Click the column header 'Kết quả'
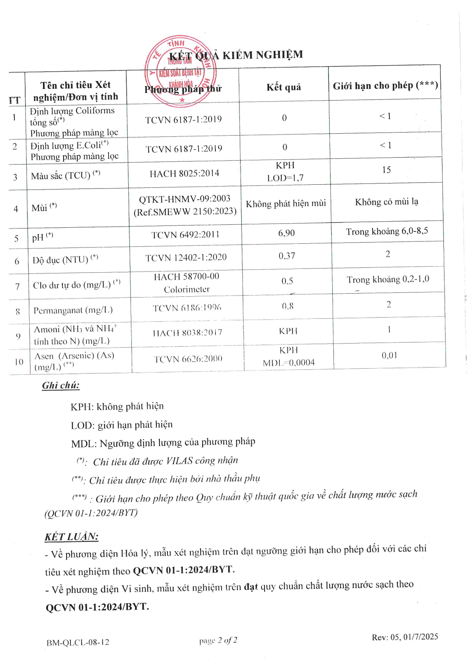click(284, 87)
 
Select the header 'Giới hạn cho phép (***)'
click(385, 86)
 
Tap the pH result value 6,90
click(286, 233)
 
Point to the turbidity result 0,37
click(287, 256)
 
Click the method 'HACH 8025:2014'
click(184, 174)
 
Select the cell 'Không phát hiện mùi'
click(286, 203)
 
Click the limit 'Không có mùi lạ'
click(386, 202)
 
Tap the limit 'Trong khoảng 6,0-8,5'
click(387, 231)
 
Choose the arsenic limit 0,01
click(389, 355)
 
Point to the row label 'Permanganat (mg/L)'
click(73, 310)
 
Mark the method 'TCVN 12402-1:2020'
click(186, 258)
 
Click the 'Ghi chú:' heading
click(61, 385)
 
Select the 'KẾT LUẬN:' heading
click(72, 537)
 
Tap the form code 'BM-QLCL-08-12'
click(78, 642)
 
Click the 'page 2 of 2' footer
click(218, 641)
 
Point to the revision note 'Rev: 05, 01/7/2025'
click(405, 637)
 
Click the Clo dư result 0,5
click(287, 281)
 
